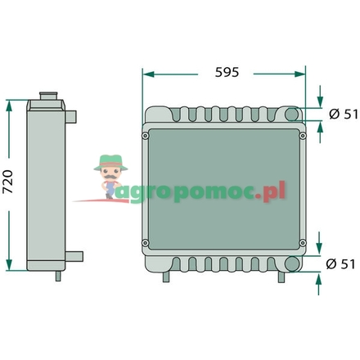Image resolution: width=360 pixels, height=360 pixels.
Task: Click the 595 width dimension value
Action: tap(226, 72)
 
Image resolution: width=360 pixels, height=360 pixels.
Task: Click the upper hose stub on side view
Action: tap(74, 115)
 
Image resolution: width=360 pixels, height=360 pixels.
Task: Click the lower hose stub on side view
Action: tap(74, 254)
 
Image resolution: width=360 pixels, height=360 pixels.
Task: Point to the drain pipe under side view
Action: tap(57, 277)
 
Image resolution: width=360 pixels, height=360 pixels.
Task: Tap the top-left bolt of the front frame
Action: tap(146, 135)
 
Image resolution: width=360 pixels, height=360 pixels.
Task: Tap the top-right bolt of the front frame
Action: tap(301, 135)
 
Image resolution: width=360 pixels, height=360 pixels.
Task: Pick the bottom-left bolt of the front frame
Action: tap(146, 241)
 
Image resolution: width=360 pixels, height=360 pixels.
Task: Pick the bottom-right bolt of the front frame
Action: tap(301, 241)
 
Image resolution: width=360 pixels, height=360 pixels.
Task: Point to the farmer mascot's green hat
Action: tap(108, 160)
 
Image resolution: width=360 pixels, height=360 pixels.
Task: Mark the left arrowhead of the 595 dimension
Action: tap(147, 72)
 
